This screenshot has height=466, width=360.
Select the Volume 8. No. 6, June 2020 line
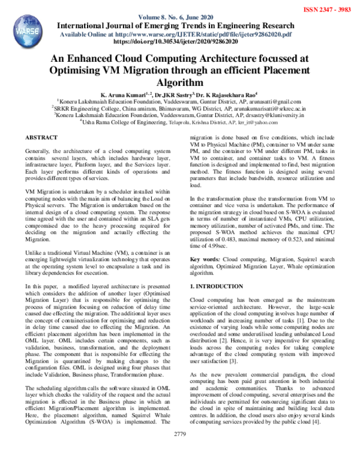(179, 17)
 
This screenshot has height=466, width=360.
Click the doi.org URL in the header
(180, 43)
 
